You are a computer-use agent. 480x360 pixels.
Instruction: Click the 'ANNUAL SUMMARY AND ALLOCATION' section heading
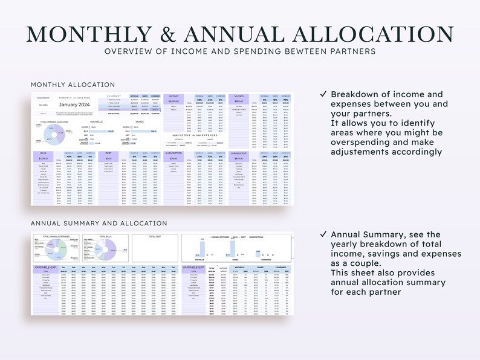click(x=99, y=223)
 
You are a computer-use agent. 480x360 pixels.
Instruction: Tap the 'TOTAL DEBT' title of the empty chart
click(x=155, y=236)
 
